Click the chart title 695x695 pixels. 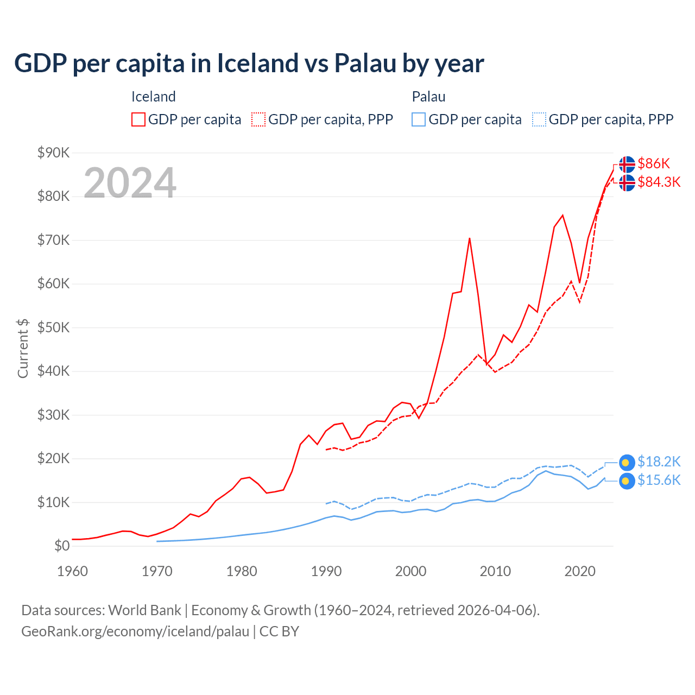[249, 64]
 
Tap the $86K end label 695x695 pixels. [654, 163]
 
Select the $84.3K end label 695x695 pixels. [659, 182]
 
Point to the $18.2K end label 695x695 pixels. [659, 462]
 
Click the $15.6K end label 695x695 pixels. [659, 480]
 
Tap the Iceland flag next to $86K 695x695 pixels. [627, 164]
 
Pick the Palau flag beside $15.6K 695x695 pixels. [627, 481]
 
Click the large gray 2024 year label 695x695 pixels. [130, 183]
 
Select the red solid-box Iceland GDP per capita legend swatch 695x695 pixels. [138, 119]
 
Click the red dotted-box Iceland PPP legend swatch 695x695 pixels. [258, 119]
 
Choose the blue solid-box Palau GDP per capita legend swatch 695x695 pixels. [419, 119]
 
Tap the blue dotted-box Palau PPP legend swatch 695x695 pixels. [539, 119]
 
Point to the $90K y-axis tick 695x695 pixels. [53, 153]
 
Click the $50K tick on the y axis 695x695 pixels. [53, 327]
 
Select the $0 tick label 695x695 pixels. [61, 546]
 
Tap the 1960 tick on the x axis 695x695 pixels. [72, 571]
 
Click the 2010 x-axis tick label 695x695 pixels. [495, 571]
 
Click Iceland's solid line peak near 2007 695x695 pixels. [469, 238]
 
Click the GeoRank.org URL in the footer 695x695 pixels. [135, 631]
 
